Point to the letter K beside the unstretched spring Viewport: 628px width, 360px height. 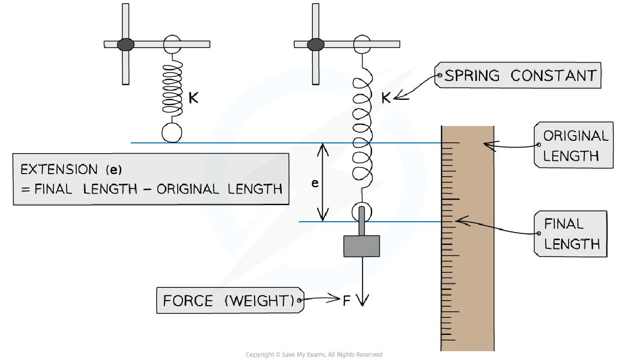pos(194,98)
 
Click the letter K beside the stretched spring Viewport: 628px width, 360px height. pos(385,98)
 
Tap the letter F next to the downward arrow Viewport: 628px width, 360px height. pos(347,301)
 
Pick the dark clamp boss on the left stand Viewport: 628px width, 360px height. pos(125,45)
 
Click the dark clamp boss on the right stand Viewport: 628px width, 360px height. pos(316,45)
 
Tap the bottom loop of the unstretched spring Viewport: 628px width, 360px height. pos(172,133)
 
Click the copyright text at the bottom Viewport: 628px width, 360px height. pos(314,354)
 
